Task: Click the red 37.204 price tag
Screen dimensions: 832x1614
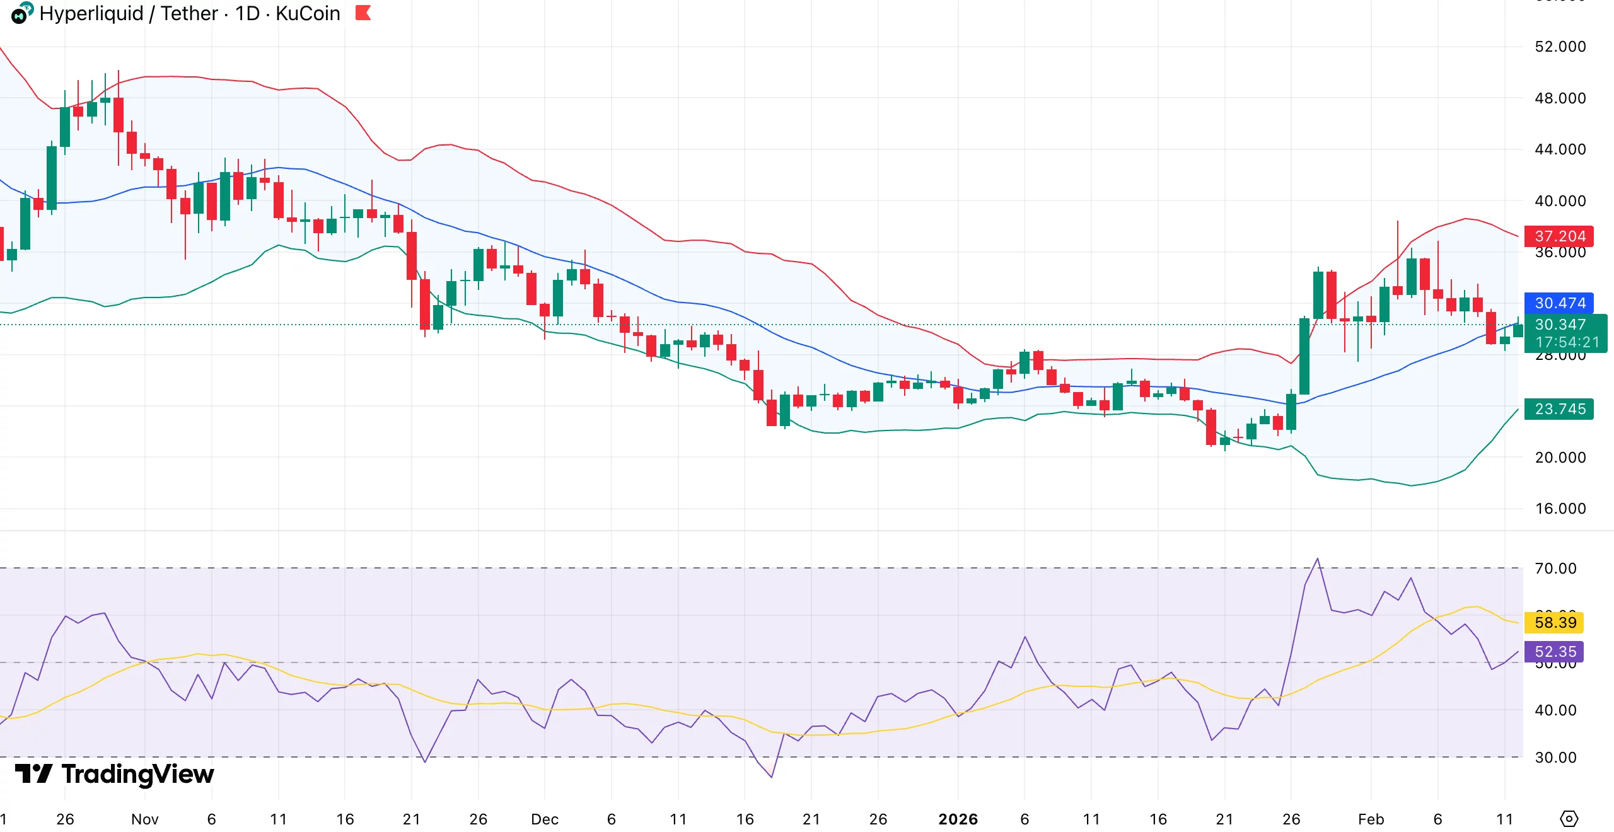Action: coord(1559,236)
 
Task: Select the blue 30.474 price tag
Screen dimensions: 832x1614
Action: coord(1559,303)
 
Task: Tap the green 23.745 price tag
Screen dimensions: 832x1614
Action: coord(1559,409)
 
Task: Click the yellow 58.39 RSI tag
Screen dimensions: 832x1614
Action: coord(1555,623)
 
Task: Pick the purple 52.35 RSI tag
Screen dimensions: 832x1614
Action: coord(1555,652)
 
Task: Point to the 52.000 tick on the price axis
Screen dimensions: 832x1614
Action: coord(1560,47)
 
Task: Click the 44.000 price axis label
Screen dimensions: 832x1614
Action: coord(1560,149)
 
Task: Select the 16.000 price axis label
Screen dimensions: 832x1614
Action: coord(1560,509)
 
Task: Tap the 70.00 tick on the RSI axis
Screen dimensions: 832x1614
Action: coord(1555,569)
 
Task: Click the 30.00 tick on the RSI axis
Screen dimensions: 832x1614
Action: coord(1555,758)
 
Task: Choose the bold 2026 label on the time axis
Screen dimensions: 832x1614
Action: coord(958,819)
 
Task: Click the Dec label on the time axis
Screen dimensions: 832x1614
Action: coord(545,819)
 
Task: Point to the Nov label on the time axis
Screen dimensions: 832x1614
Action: coord(144,819)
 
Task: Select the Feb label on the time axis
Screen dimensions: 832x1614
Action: coord(1371,819)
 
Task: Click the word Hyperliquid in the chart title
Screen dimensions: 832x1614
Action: coord(91,13)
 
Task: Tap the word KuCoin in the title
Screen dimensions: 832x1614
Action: coord(308,13)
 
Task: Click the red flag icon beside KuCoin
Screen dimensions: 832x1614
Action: coord(363,13)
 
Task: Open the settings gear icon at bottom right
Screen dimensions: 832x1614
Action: coord(1569,819)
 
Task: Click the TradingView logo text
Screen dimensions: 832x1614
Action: coord(137,774)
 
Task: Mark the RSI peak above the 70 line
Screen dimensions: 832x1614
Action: coord(1317,559)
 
